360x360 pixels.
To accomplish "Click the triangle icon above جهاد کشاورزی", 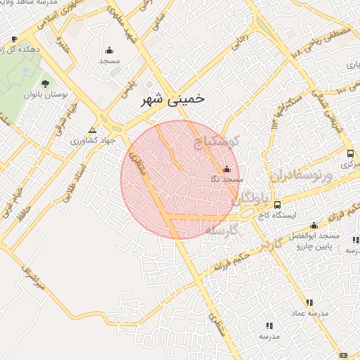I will pos(93,130).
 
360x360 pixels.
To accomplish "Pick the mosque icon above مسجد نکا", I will pos(226,169).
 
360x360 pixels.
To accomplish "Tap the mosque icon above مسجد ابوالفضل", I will pos(313,226).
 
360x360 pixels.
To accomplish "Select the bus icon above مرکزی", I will pos(349,153).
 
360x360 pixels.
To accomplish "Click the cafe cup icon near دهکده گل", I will pos(14,39).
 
